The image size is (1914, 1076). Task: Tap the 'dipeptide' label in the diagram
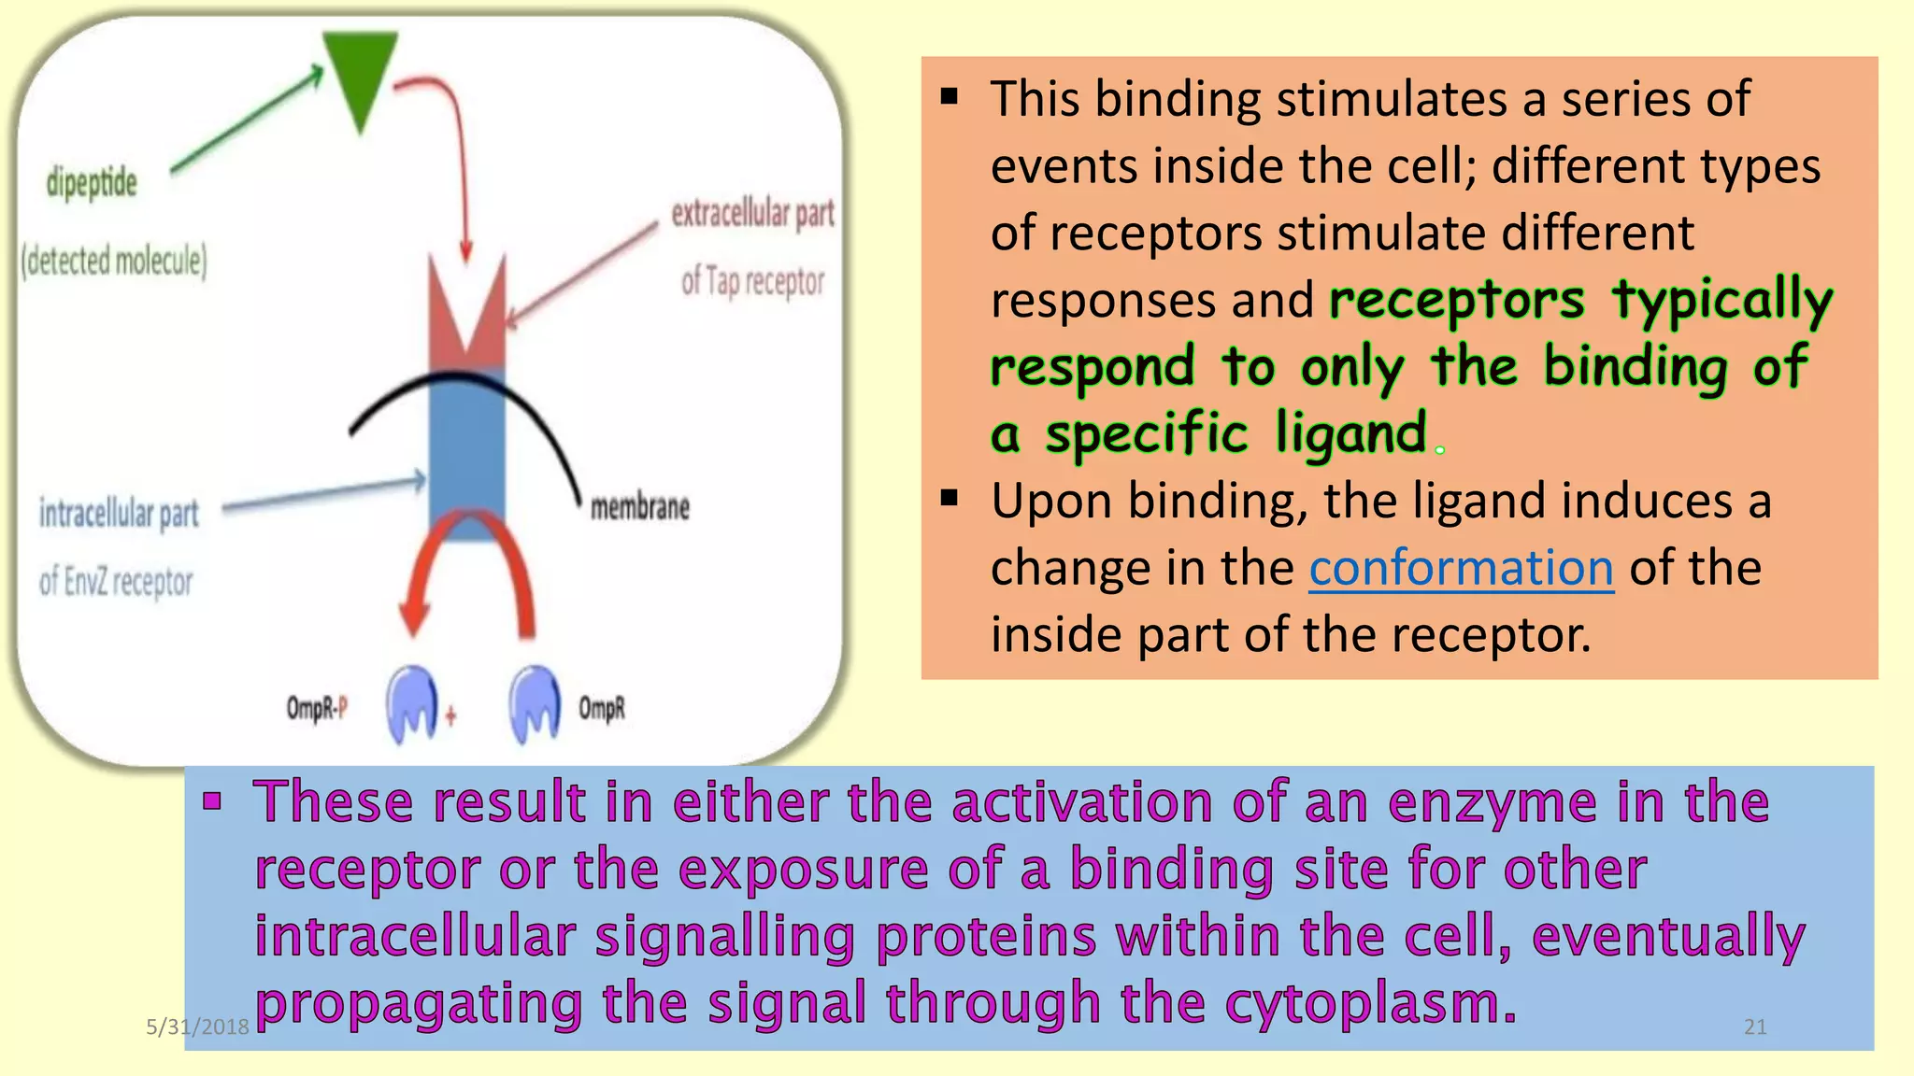(92, 183)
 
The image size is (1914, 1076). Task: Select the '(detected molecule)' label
(114, 261)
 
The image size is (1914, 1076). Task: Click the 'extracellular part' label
(752, 214)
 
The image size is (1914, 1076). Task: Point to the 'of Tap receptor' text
(752, 280)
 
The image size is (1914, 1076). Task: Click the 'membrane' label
(640, 507)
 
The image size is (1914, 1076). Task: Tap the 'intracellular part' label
(119, 513)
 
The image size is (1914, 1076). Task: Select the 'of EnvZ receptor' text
(116, 582)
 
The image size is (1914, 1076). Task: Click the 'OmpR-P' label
(317, 709)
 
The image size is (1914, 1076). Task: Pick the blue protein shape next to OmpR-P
(411, 702)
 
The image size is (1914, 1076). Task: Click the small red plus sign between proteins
(450, 716)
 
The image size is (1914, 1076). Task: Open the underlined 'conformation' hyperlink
(1461, 568)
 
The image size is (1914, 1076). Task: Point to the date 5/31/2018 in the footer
(197, 1027)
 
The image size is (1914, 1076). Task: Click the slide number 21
(1755, 1027)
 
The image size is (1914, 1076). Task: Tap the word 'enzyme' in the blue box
(1493, 802)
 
